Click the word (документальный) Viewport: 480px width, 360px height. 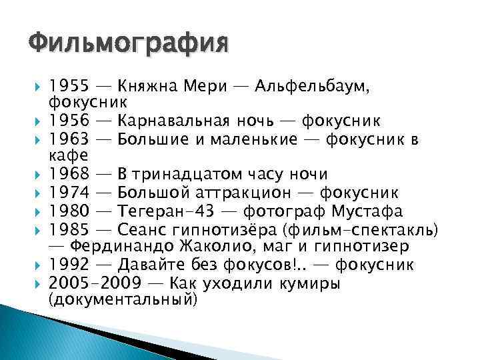pyautogui.click(x=123, y=300)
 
